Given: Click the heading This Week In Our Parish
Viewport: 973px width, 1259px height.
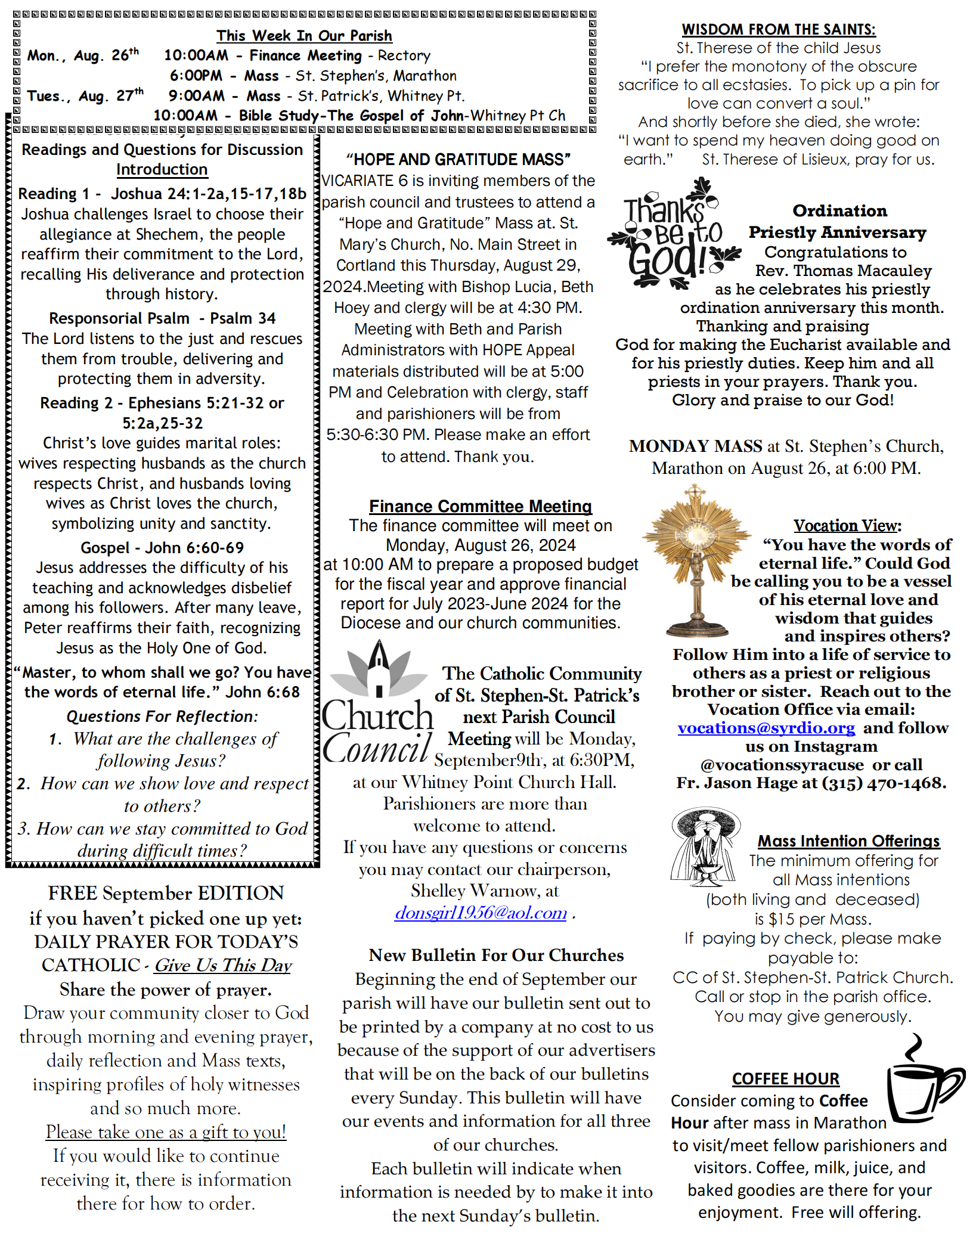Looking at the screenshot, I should pos(304,36).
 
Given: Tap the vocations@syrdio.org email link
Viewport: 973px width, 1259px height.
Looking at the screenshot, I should pos(766,728).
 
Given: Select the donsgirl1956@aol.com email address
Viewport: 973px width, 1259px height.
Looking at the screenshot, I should pos(481,913).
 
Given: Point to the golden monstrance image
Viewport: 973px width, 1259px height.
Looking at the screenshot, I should pos(696,560).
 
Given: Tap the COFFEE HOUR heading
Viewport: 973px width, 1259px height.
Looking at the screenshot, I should pos(785,1079).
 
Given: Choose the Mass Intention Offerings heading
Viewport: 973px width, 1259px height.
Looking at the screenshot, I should pos(848,841).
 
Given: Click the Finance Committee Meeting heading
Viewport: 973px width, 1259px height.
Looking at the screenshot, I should pos(480,506).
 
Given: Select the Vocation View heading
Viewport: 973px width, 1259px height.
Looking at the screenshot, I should pos(847,526).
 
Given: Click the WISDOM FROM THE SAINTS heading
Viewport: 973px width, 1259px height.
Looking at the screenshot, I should pos(779,29).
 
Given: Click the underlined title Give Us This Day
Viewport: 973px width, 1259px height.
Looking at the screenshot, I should pos(223,966).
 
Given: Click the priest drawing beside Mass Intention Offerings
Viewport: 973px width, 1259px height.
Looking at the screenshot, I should pos(705,847).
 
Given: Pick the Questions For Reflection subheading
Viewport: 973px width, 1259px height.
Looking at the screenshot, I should pos(162,717).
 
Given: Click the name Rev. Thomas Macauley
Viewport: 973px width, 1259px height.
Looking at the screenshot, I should pos(843,271).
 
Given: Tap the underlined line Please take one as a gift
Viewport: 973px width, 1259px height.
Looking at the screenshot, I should pos(166,1132).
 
